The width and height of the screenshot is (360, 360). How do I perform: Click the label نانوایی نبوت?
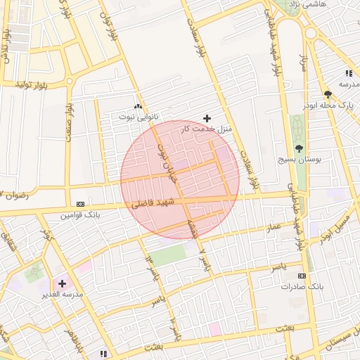[139, 115]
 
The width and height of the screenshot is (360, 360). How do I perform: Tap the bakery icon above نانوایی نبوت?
[138, 105]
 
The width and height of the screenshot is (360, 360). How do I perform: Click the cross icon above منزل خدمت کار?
[206, 117]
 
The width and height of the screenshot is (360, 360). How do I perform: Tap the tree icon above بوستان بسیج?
[299, 148]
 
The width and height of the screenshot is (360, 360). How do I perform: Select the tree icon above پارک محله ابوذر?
[328, 94]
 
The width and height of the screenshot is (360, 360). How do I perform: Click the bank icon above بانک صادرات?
[302, 276]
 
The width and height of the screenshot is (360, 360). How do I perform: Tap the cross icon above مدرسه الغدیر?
[63, 283]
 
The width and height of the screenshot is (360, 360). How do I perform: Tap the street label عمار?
[273, 226]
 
